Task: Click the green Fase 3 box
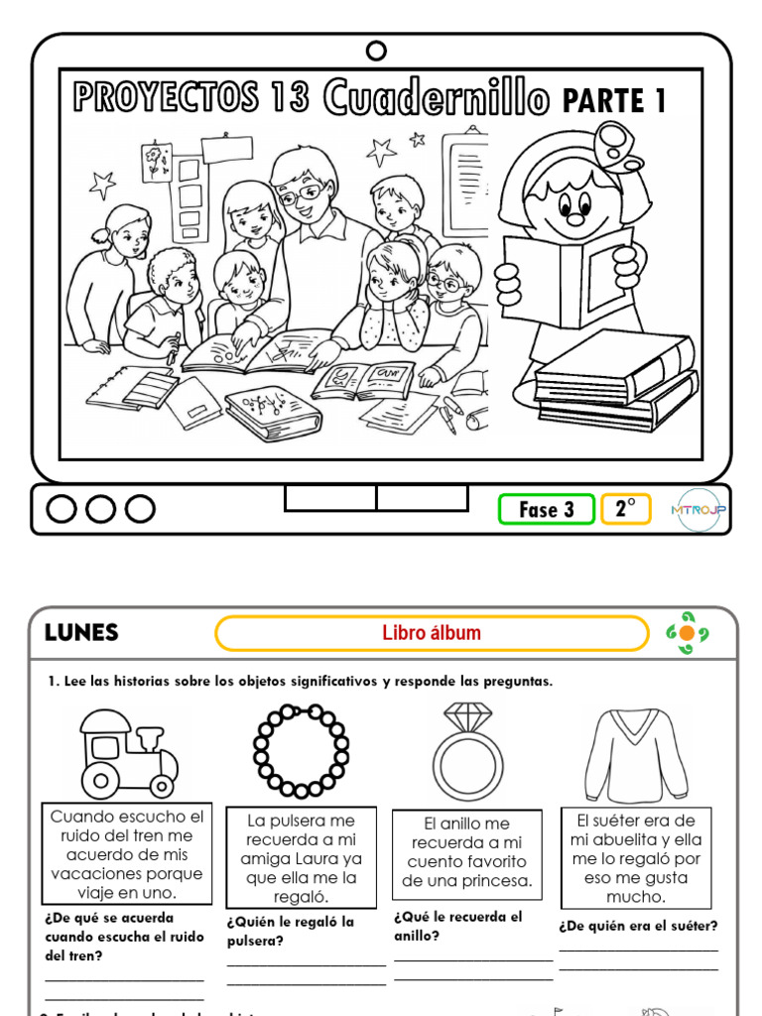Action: click(547, 509)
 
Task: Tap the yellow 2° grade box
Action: click(625, 509)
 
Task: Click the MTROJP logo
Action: click(698, 509)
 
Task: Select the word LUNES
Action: click(81, 633)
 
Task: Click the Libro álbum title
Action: click(432, 633)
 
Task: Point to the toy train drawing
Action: click(129, 753)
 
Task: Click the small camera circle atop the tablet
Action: click(376, 51)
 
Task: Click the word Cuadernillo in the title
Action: click(436, 98)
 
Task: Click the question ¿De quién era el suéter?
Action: click(638, 927)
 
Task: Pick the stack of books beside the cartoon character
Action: click(615, 381)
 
